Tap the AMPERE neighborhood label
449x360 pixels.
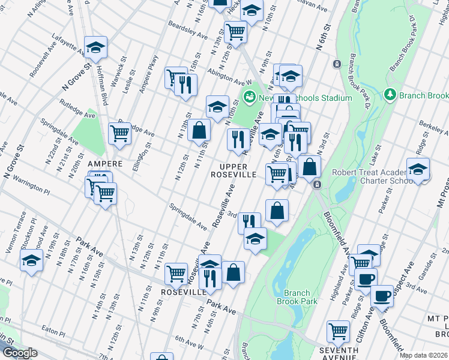(105, 164)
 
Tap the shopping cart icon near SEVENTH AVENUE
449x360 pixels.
(338, 331)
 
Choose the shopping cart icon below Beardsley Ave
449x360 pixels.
(236, 31)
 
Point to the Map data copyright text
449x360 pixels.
(423, 355)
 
